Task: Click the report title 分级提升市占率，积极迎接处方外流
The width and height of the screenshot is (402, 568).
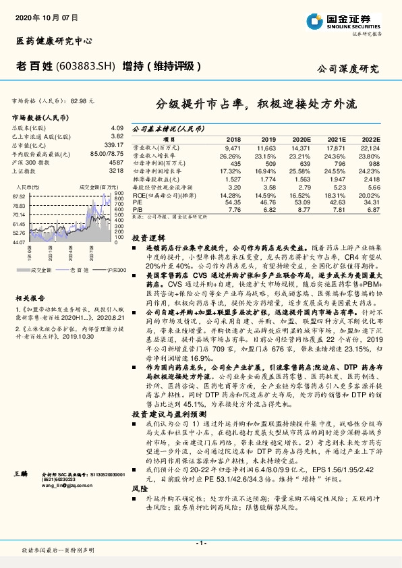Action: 257,105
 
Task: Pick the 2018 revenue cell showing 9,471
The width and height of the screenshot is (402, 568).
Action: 232,146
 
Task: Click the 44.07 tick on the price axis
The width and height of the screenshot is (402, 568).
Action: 19,240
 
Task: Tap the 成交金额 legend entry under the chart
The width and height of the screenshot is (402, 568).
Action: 40,270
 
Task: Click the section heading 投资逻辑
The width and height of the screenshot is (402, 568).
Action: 148,238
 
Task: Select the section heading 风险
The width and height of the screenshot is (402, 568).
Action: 139,486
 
